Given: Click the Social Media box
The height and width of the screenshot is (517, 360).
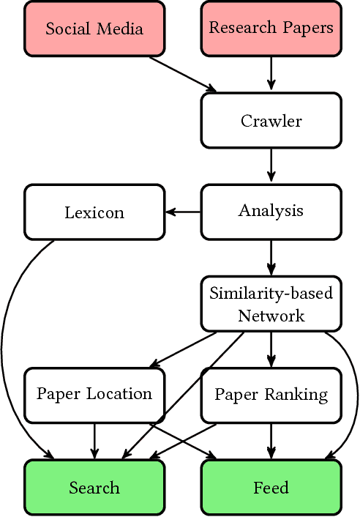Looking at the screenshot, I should [x=94, y=29].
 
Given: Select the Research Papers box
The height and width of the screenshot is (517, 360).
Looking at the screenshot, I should [x=271, y=29].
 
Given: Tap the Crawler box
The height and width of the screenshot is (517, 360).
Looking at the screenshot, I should [x=271, y=120].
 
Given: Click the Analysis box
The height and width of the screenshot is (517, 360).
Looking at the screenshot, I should [x=271, y=212].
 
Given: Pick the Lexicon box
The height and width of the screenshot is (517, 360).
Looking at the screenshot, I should [x=94, y=212].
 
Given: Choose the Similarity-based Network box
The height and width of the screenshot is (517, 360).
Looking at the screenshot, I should [x=271, y=304].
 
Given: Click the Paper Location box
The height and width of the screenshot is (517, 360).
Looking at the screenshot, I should [x=94, y=395].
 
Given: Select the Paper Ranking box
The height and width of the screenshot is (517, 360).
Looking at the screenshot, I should [x=271, y=395].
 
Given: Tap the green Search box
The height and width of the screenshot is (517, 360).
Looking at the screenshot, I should [x=94, y=487].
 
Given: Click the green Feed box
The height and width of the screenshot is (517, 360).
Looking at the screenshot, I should [x=271, y=487].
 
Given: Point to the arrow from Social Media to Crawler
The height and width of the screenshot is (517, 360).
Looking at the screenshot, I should [x=183, y=75].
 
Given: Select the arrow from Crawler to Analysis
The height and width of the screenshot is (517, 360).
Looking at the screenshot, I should [x=271, y=165].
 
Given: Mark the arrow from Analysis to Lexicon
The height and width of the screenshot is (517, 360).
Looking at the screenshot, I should [x=183, y=212].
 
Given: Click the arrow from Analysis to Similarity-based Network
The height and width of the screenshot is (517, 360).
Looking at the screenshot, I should [x=271, y=256].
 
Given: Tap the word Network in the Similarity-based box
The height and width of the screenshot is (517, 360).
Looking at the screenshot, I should [x=271, y=316].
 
